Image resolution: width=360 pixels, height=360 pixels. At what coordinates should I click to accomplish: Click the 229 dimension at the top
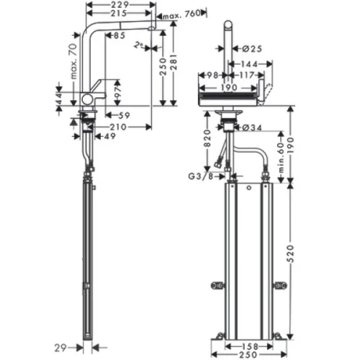[120, 5]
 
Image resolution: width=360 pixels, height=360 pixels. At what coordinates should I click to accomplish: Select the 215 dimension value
[120, 14]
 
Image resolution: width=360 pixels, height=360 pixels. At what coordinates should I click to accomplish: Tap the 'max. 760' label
[180, 14]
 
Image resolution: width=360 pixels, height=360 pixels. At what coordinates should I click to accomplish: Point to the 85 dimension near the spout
[118, 35]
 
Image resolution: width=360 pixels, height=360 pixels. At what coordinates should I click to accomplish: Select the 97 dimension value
[117, 89]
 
